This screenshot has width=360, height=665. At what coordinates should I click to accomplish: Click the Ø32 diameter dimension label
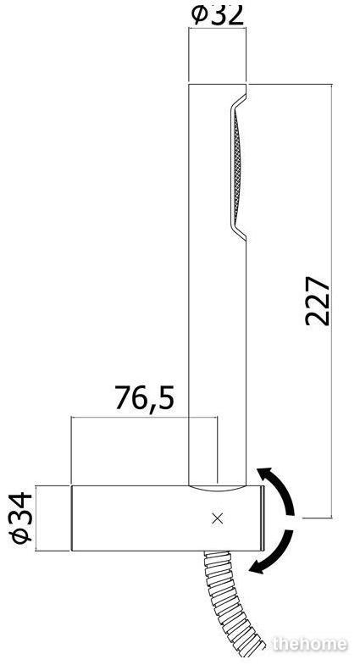[x=218, y=14]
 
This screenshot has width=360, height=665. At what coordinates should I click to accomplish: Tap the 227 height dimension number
[x=318, y=301]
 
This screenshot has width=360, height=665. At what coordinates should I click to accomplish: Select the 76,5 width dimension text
[x=144, y=397]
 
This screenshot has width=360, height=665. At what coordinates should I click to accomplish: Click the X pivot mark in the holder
[x=218, y=518]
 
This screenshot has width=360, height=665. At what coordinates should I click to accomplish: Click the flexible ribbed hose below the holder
[x=231, y=602]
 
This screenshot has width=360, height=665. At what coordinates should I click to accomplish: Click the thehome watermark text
[x=310, y=644]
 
